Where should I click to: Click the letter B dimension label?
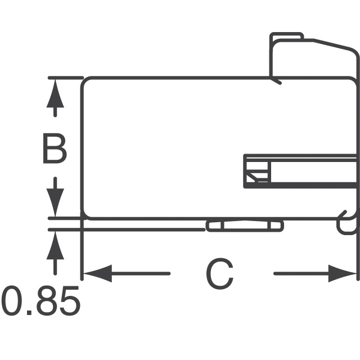click(x=55, y=149)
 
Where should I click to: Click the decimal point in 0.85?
click(x=29, y=312)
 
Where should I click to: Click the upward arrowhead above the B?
click(x=55, y=90)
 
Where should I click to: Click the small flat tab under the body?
click(x=244, y=226)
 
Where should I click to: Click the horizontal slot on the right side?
click(x=301, y=170)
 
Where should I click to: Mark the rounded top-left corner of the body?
click(x=86, y=82)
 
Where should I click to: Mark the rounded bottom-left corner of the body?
click(x=86, y=214)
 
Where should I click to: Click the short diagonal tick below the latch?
click(x=276, y=81)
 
